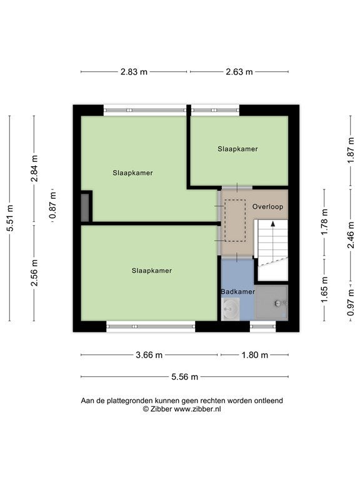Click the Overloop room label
point(267,207)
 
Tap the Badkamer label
point(238,292)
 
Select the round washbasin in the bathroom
point(230,309)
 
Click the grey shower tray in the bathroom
point(271,302)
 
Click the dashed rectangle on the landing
point(235,221)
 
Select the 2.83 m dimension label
point(134,72)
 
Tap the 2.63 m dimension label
point(239,72)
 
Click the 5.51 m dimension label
point(10,218)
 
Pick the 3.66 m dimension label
point(149,355)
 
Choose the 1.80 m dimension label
point(255,355)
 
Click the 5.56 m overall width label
point(184,377)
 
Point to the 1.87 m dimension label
point(351,151)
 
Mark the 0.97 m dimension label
point(351,302)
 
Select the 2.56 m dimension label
point(34,272)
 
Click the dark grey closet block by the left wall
point(85,207)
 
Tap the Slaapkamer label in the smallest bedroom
point(237,149)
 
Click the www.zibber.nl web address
point(197,409)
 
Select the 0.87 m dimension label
point(52,205)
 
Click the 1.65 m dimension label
point(324,289)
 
